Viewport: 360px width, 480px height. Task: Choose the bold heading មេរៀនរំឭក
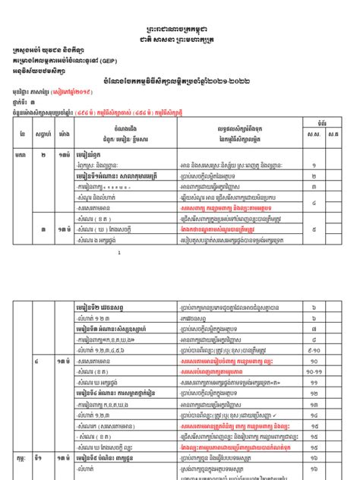94,153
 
